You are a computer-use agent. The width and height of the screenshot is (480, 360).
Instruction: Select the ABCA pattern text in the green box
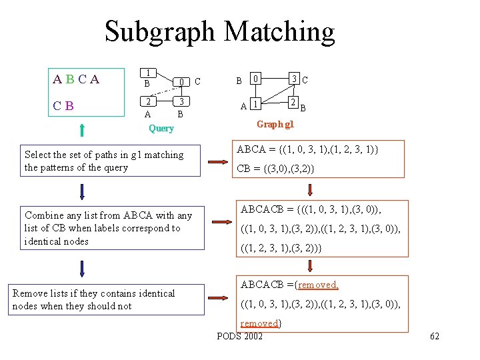click(x=76, y=79)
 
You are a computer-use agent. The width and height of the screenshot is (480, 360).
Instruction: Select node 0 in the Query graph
click(x=180, y=82)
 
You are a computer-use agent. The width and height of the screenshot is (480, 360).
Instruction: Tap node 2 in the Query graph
click(x=150, y=102)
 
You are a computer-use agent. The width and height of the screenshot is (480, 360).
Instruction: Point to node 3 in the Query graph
click(x=180, y=102)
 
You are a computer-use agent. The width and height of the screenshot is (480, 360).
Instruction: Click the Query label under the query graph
click(x=161, y=128)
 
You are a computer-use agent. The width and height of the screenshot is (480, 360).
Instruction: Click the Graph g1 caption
click(x=275, y=124)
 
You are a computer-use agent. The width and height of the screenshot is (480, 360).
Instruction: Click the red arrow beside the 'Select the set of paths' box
click(x=218, y=161)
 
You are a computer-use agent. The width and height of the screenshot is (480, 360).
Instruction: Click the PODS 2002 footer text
click(x=240, y=335)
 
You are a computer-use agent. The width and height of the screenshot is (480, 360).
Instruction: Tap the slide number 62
click(x=435, y=336)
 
